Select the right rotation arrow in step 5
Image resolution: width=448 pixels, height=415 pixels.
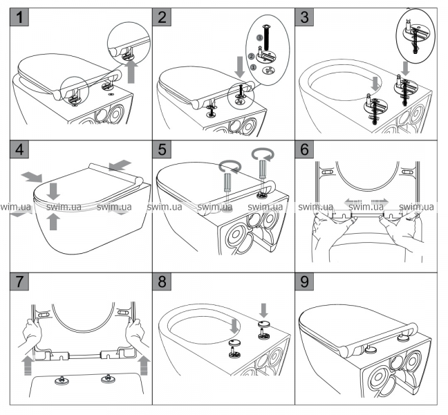point(263,154)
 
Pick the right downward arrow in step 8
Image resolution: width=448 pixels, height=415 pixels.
point(265,308)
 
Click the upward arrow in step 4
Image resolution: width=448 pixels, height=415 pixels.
point(53,220)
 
